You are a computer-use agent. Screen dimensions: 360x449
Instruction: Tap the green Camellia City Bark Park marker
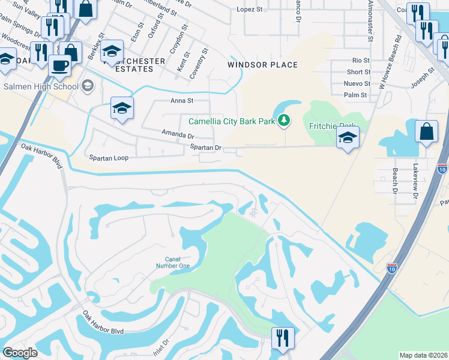tap(283, 121)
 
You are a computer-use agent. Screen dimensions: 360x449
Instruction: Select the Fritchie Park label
tap(333, 126)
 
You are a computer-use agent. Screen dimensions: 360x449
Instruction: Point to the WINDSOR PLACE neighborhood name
tap(262, 65)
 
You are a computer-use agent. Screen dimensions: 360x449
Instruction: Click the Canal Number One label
tap(173, 262)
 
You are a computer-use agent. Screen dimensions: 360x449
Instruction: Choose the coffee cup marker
tap(59, 66)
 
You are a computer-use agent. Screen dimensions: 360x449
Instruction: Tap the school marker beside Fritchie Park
tap(348, 138)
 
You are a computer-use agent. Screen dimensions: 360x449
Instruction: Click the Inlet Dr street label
tap(161, 347)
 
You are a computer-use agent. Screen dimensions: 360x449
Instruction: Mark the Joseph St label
tap(423, 76)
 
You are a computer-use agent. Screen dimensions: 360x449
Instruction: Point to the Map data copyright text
tap(423, 355)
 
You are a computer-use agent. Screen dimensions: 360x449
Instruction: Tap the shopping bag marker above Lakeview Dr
tap(426, 131)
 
